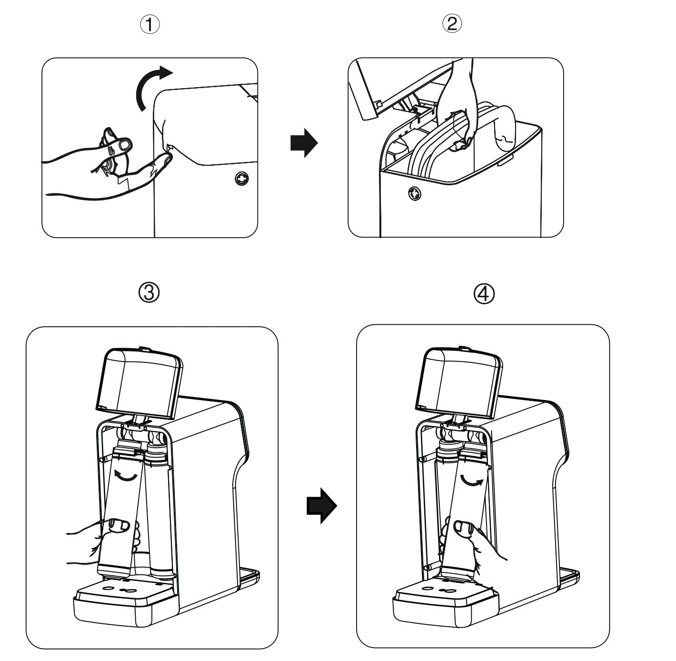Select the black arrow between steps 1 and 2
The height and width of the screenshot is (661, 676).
(303, 142)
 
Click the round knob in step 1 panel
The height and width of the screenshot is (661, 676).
(241, 179)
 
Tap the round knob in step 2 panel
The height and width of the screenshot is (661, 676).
(413, 193)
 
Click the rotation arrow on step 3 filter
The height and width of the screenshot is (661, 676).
(126, 476)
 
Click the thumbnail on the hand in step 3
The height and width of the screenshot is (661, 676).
(119, 525)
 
